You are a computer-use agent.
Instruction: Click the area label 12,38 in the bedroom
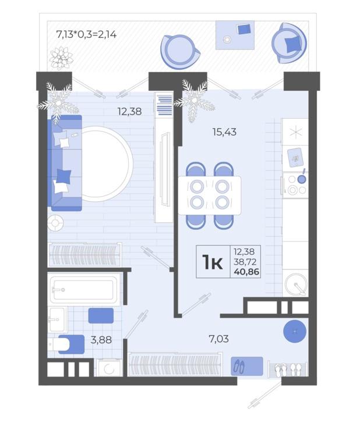coord(129,111)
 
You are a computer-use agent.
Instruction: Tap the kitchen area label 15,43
coord(224,132)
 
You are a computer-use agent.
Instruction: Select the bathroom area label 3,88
coord(101,340)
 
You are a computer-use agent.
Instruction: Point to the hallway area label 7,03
coord(219,339)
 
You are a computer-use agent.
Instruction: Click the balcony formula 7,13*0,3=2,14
coord(86,34)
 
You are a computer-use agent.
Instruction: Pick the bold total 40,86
coord(246,272)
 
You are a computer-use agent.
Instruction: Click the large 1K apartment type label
coord(213,262)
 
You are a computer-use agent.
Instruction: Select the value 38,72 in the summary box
coord(245,262)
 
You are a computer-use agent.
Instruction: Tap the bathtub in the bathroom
coord(84,290)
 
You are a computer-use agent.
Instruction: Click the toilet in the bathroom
coord(66,344)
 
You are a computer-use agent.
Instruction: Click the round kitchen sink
coord(296,285)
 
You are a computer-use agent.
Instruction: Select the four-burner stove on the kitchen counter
coord(296,185)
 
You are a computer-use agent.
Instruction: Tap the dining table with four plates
coord(210,196)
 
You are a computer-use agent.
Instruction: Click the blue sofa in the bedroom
coord(65,163)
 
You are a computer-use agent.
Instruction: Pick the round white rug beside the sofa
coord(105,164)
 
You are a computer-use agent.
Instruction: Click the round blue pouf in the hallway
coord(295,332)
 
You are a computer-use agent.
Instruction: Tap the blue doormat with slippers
coord(247,366)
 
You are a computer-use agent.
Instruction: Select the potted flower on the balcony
coord(61,58)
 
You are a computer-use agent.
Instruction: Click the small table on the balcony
coord(235,35)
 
